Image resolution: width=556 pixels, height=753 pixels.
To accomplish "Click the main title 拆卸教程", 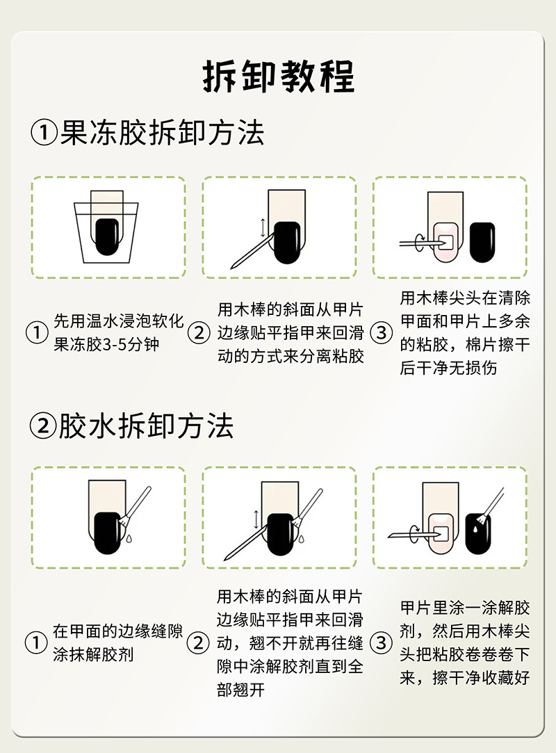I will [278, 76].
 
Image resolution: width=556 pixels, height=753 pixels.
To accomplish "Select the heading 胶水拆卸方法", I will [145, 426].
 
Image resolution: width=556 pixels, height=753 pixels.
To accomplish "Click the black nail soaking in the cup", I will [108, 237].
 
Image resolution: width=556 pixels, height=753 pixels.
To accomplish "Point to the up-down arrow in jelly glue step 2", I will [262, 227].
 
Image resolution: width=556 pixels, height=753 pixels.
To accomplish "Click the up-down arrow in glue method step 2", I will [256, 518].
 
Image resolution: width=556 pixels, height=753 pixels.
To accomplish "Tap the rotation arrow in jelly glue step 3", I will [418, 241].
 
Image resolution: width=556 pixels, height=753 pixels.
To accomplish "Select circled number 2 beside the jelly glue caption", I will [199, 333].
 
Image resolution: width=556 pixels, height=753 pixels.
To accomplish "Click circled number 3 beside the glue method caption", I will [381, 642].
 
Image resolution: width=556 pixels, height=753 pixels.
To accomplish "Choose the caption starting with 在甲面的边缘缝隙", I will [117, 643].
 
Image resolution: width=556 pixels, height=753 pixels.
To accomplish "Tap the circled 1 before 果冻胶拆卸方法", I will [43, 132].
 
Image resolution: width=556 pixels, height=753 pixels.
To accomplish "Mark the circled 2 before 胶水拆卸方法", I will [43, 426].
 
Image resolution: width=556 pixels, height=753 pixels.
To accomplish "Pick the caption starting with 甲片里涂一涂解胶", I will [465, 642].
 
